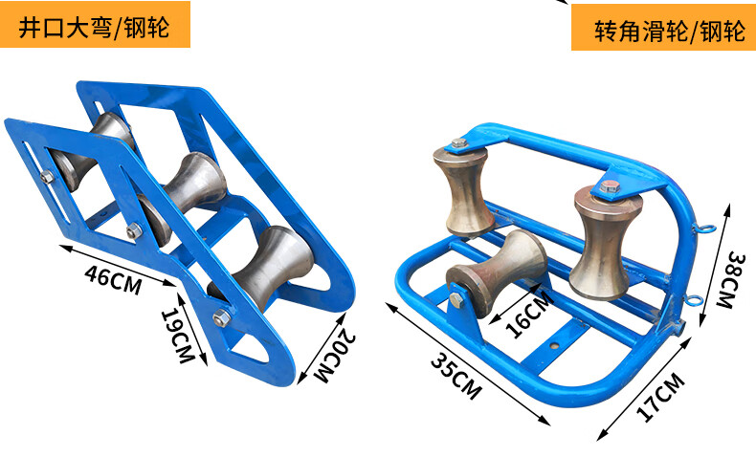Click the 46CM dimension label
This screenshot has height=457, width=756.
point(113,280)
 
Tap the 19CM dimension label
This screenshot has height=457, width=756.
point(176,335)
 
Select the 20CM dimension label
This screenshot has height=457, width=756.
point(336,356)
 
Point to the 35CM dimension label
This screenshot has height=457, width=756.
point(456,376)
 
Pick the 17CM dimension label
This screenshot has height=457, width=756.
point(661,398)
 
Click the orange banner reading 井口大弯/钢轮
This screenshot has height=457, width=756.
point(95,25)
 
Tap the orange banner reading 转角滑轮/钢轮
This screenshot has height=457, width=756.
point(663,28)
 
